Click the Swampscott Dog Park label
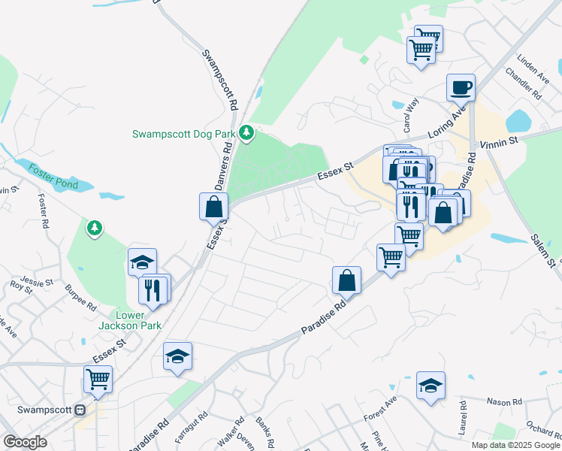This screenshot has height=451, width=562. [x=185, y=135]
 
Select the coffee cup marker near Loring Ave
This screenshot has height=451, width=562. [x=461, y=87]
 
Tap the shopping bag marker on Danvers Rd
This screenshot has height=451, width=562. [x=214, y=207]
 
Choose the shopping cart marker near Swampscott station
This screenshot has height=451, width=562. [x=98, y=380]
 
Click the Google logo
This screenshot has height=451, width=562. [x=25, y=442]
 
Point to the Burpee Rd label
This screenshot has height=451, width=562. [x=80, y=298]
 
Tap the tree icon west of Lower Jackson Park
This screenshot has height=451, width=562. [x=94, y=226]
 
